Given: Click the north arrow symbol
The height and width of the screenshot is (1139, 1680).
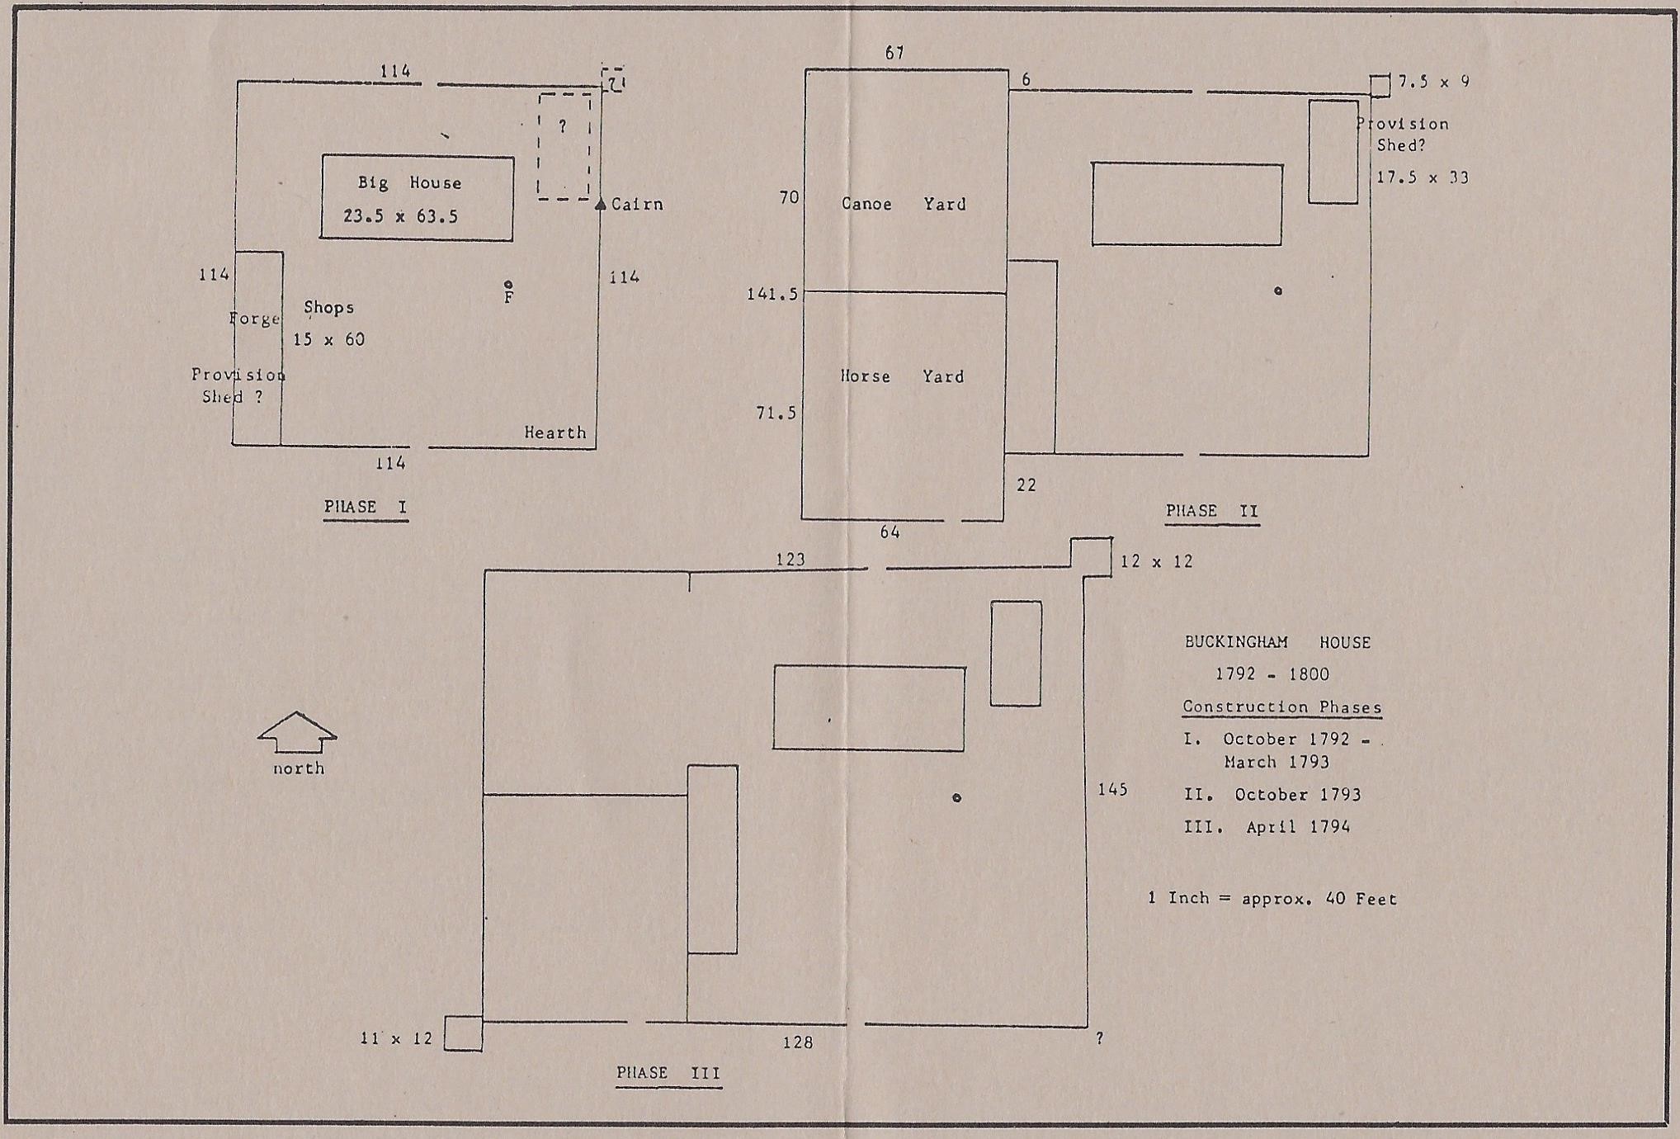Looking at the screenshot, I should click(x=297, y=732).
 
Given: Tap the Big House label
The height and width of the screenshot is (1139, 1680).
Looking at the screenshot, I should click(x=409, y=183).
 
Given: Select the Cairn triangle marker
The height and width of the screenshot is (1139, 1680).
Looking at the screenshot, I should click(x=601, y=204).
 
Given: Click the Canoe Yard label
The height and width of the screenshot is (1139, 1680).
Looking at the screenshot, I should click(x=904, y=204).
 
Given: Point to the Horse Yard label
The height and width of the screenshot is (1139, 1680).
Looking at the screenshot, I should click(x=902, y=376).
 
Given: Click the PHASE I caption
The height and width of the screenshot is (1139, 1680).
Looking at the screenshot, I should click(x=366, y=507).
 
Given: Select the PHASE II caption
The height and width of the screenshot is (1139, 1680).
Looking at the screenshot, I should click(x=1212, y=511).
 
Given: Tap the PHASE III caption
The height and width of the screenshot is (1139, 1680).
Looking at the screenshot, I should click(x=668, y=1073).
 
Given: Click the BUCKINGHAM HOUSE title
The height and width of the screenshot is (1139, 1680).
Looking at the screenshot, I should click(x=1277, y=642).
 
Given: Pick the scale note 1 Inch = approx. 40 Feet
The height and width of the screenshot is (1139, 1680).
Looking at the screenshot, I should click(x=1272, y=898).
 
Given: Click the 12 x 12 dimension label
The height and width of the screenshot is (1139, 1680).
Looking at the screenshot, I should click(x=1156, y=561).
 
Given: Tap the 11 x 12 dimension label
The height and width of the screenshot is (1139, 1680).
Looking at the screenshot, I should click(x=396, y=1038).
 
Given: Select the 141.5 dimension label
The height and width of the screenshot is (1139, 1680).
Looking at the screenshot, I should click(x=772, y=295).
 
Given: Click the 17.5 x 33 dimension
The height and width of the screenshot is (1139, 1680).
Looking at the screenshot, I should click(x=1422, y=177).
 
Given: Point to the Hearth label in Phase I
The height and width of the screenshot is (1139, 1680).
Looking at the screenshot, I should click(x=555, y=432).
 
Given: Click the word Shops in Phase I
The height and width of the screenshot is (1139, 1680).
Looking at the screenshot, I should click(x=328, y=308).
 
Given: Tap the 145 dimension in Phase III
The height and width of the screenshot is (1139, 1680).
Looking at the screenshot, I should click(x=1112, y=790).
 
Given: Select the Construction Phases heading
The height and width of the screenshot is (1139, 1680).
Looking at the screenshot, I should click(x=1281, y=707).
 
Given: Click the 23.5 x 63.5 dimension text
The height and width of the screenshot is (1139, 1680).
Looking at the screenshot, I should click(x=400, y=216).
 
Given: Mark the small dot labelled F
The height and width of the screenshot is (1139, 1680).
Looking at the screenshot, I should click(x=508, y=285).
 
